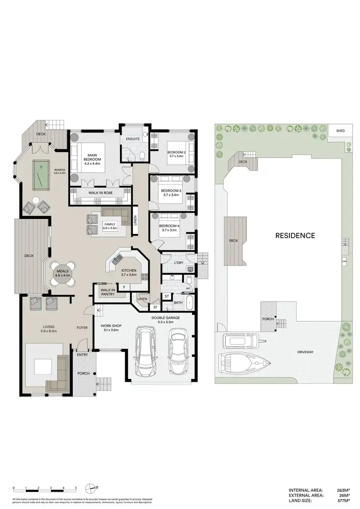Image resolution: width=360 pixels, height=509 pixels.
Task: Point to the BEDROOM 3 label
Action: [172, 191]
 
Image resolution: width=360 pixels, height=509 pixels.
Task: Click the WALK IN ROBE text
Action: [100, 193]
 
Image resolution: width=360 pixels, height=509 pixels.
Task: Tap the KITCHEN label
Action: [128, 271]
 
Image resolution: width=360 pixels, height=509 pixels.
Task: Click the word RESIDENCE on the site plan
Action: [295, 236]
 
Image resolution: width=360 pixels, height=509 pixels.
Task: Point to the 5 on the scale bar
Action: [75, 488]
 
